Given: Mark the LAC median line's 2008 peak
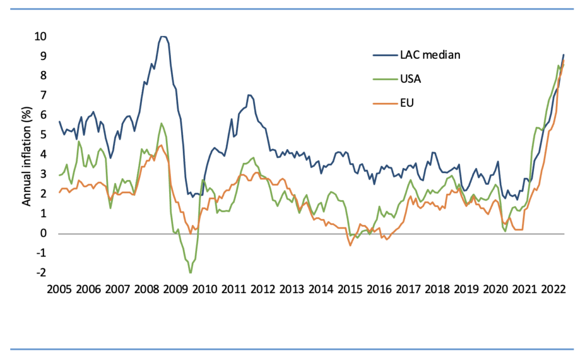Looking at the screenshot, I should point(163,37).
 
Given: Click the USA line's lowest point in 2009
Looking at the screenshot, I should point(190,273).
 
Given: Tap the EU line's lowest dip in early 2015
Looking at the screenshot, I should point(350,245).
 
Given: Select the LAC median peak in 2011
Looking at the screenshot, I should point(249,95).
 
